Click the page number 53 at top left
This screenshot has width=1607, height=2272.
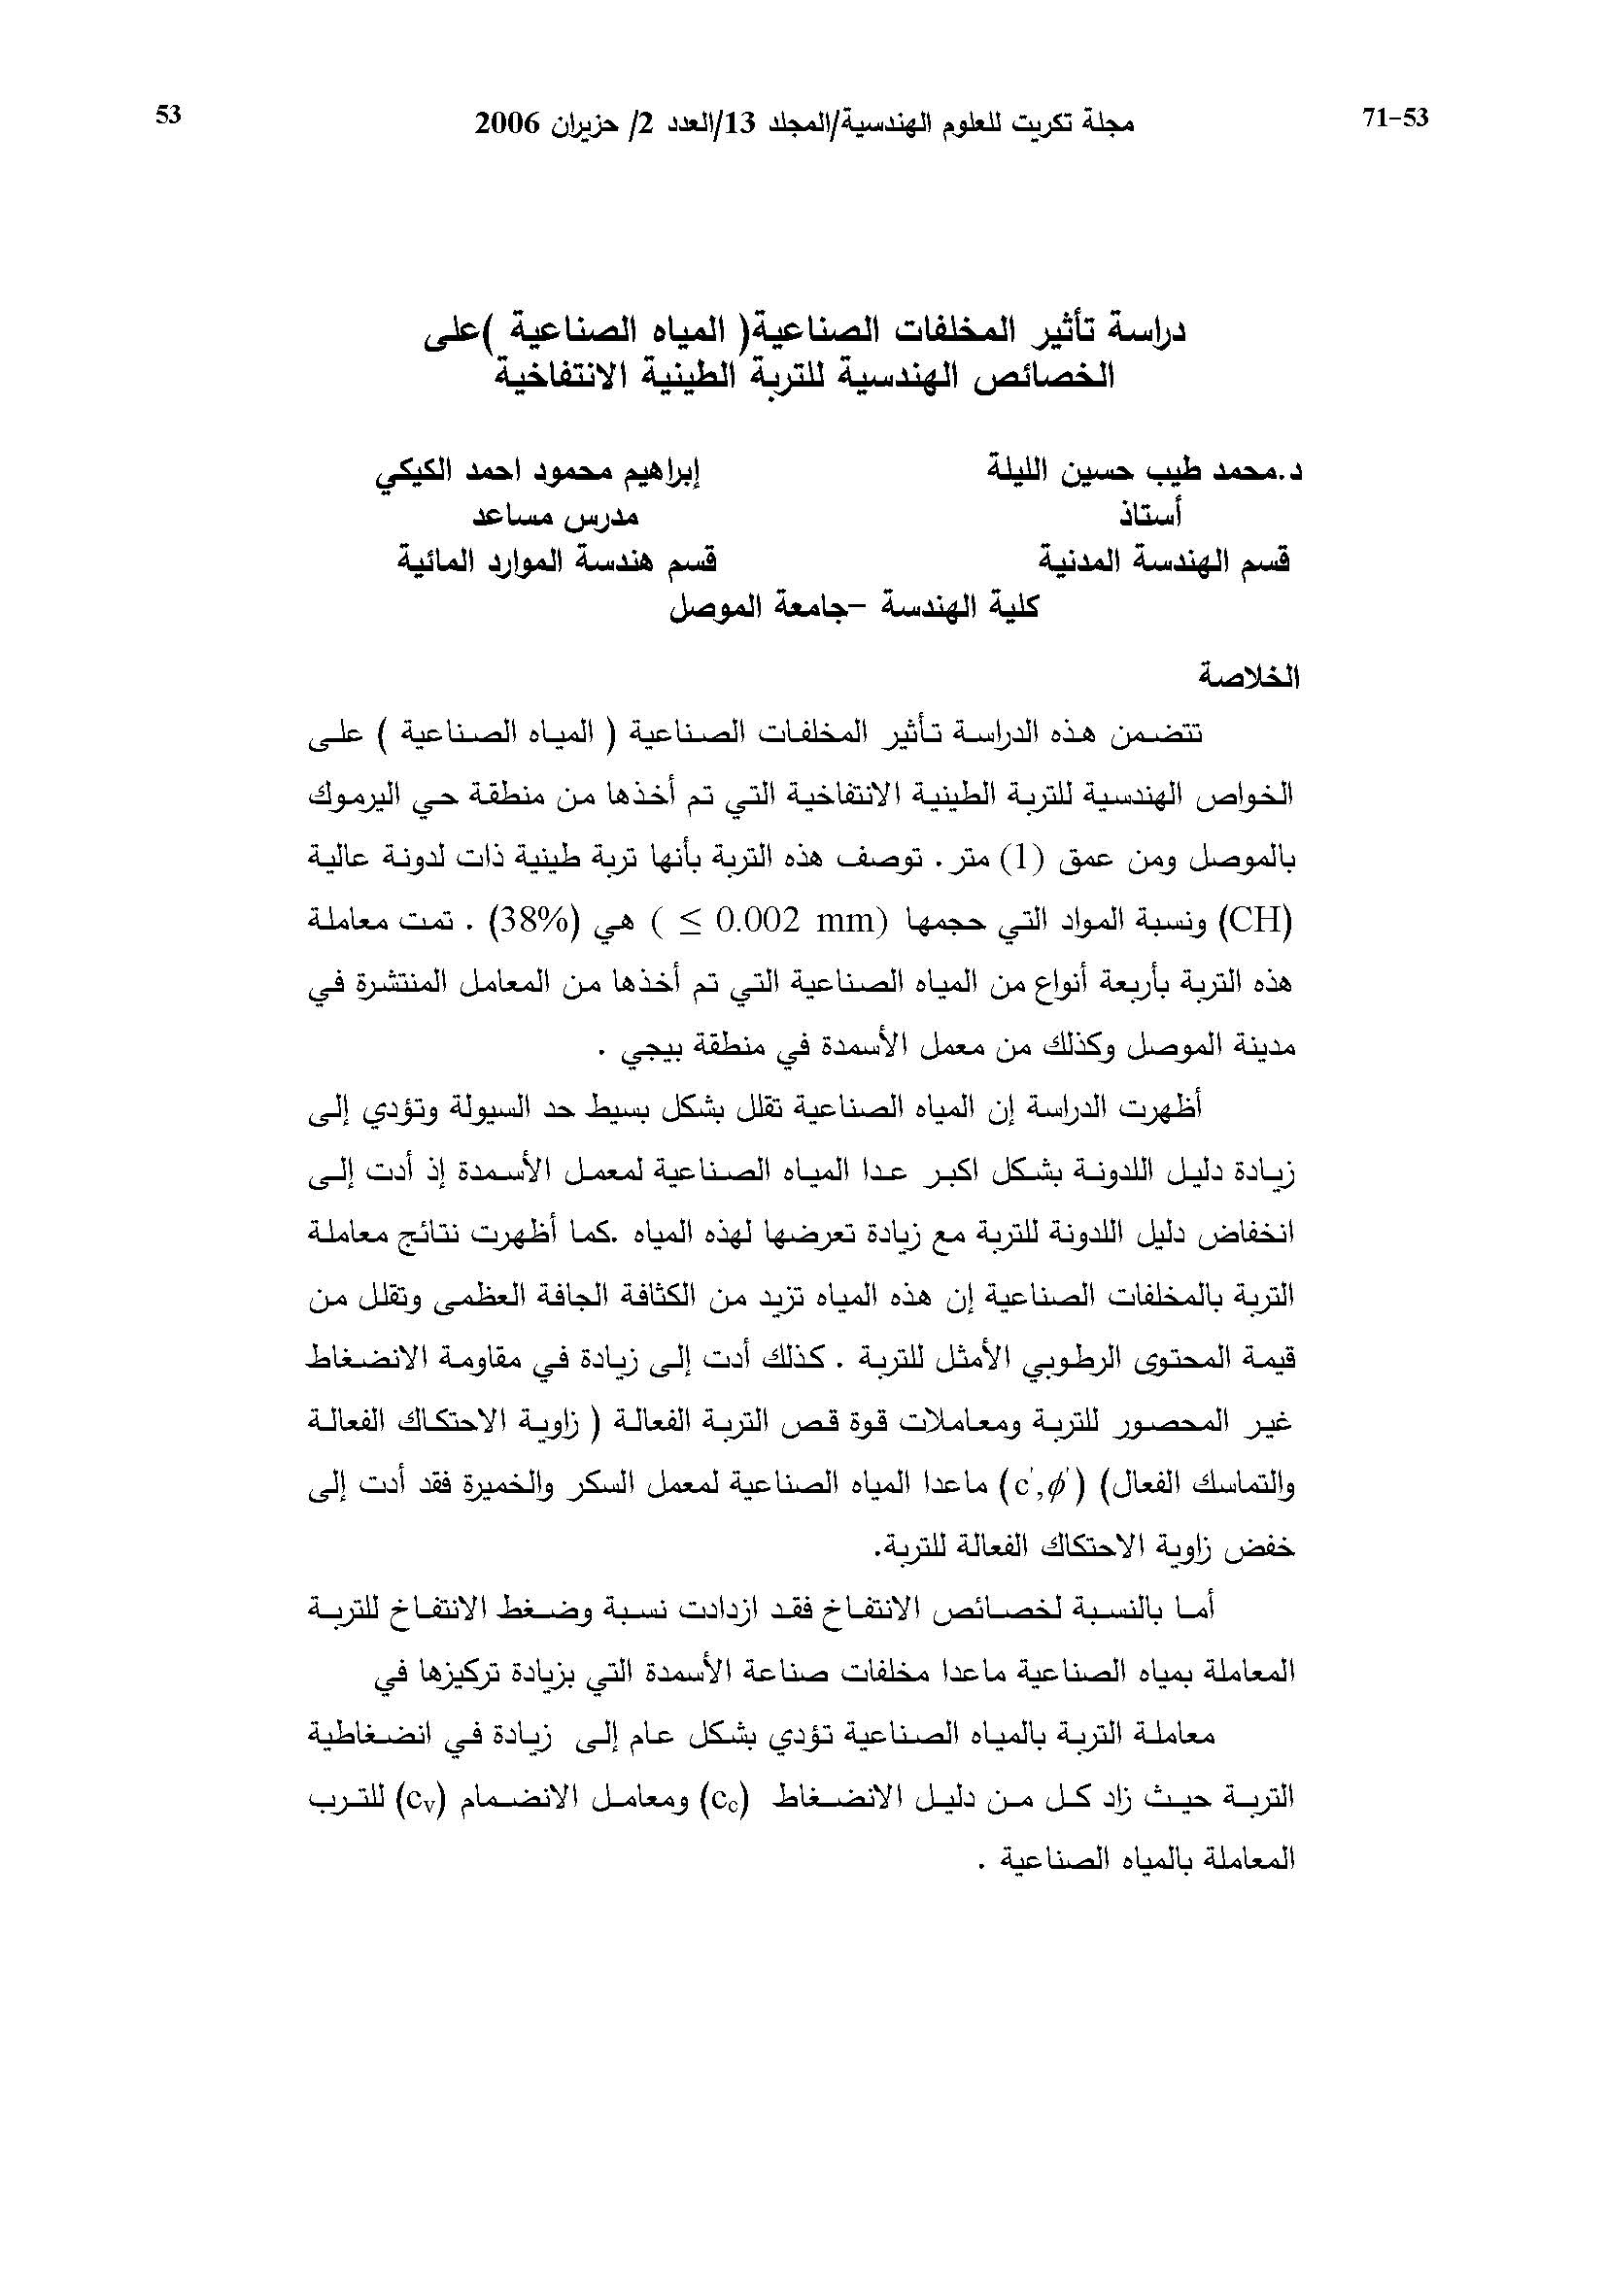point(168,116)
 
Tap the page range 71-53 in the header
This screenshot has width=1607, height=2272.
point(1395,119)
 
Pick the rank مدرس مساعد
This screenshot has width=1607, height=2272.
point(554,517)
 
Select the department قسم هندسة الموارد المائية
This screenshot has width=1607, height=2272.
point(557,561)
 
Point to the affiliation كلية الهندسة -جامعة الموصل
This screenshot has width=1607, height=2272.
point(855,605)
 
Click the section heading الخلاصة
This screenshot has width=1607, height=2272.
point(1248,677)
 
